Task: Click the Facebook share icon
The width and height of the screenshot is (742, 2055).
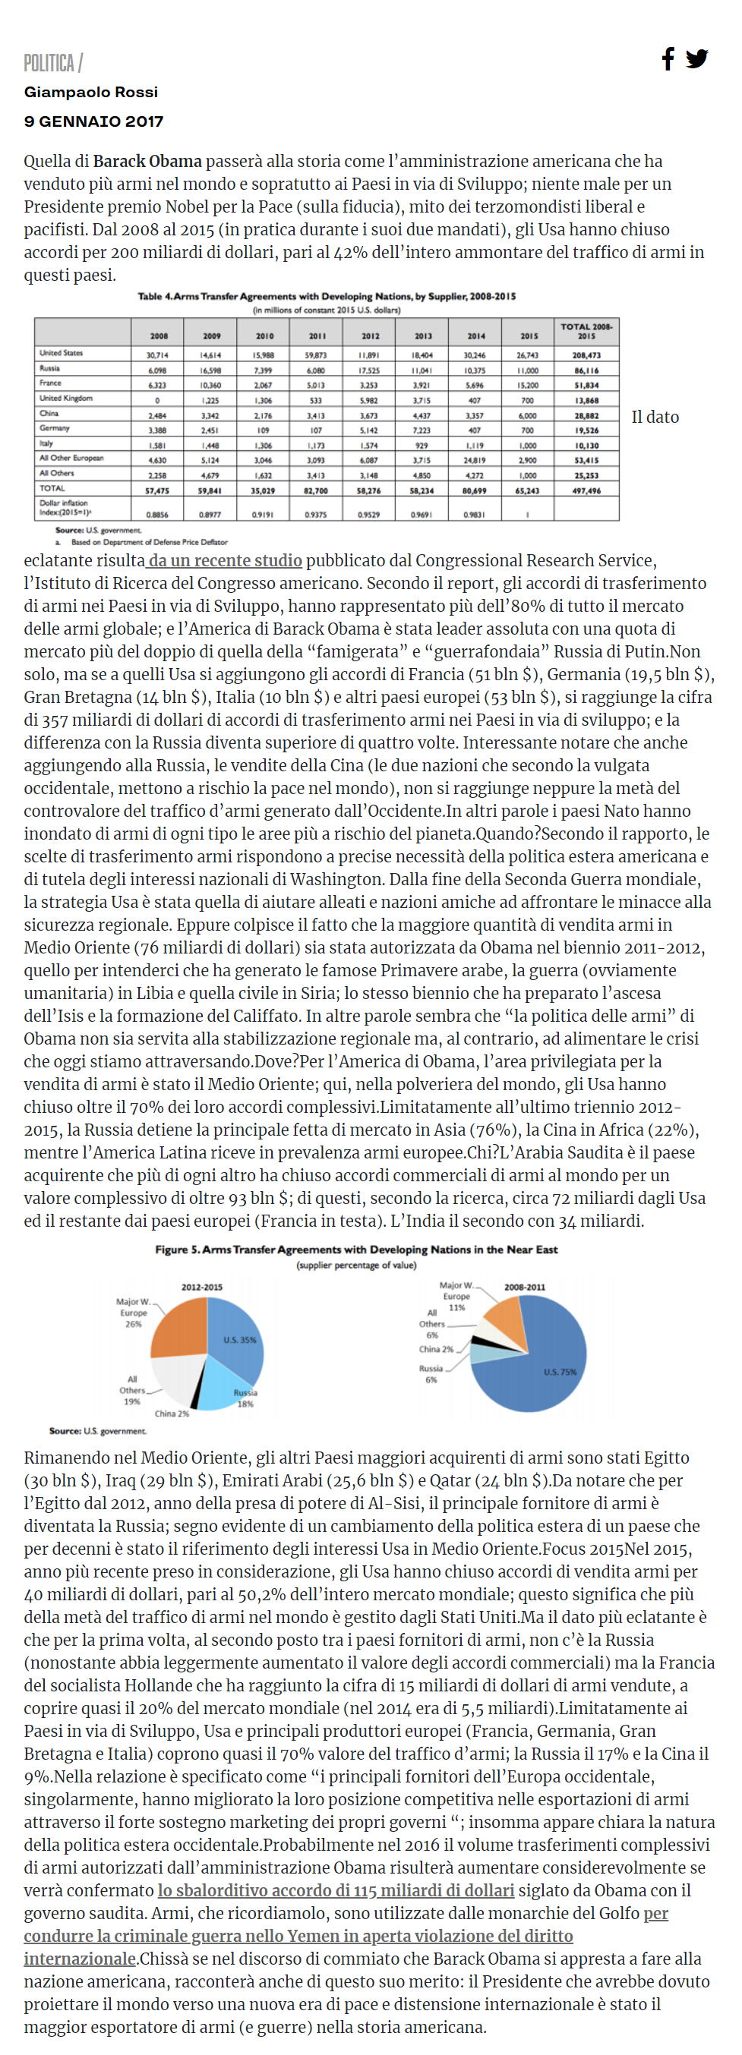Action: pyautogui.click(x=668, y=58)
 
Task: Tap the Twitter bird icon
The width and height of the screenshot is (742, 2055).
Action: pyautogui.click(x=696, y=59)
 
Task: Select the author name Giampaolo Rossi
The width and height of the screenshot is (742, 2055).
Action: pyautogui.click(x=91, y=92)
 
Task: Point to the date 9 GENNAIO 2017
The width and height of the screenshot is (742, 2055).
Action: pyautogui.click(x=93, y=121)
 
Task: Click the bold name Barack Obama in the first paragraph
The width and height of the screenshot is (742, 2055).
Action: pyautogui.click(x=147, y=161)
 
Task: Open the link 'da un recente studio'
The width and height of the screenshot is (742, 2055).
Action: pyautogui.click(x=225, y=560)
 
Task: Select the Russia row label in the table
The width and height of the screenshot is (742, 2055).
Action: pyautogui.click(x=49, y=368)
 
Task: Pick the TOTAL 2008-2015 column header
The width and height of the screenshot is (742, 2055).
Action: pyautogui.click(x=586, y=331)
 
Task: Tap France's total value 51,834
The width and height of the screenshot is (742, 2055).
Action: pyautogui.click(x=586, y=386)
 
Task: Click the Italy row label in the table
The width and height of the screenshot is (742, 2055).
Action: pyautogui.click(x=46, y=443)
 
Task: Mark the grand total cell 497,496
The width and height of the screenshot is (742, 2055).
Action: pyautogui.click(x=586, y=490)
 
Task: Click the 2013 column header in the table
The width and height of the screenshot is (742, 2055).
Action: pyautogui.click(x=423, y=336)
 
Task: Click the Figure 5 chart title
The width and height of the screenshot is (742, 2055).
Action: pyautogui.click(x=356, y=1250)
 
